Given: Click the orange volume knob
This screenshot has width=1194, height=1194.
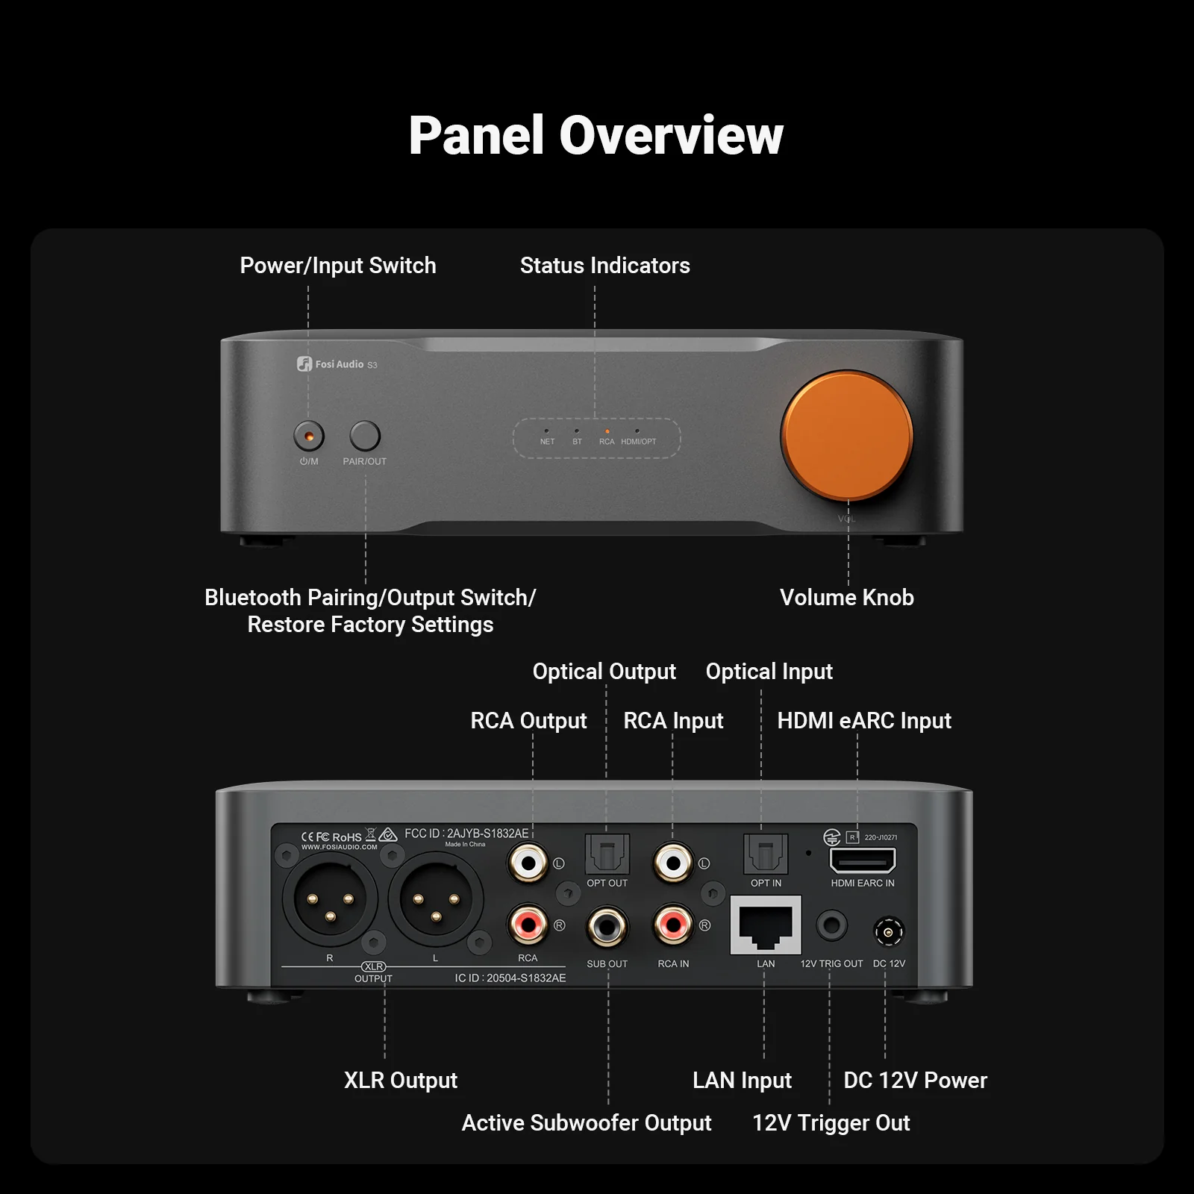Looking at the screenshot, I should point(847,437).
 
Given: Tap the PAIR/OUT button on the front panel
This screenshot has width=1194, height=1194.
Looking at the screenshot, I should point(365,436).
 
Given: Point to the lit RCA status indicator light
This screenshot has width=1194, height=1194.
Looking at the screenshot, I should point(607,431).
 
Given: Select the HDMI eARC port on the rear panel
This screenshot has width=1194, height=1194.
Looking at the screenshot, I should point(863,860).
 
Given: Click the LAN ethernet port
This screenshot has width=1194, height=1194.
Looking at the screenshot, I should point(766,925).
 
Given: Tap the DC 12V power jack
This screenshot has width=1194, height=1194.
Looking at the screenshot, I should point(888,932).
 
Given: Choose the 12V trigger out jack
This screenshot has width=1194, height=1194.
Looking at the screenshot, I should point(831,926).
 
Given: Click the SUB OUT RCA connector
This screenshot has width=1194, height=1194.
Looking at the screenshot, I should point(607,927).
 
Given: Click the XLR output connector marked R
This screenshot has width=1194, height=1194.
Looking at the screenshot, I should point(330,900).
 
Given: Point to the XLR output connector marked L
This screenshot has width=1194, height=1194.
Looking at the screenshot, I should point(436,900).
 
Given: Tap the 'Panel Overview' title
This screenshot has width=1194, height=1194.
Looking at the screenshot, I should point(596,136).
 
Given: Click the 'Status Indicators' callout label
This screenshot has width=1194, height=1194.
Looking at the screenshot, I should point(604,266).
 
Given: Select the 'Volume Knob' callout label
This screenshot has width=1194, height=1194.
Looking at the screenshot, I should point(846,598).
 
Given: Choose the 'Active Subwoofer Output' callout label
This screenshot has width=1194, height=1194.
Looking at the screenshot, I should point(587,1123).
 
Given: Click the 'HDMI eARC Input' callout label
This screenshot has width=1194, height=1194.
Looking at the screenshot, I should point(863,721).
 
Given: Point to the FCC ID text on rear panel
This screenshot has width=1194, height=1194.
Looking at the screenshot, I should point(466,834).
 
